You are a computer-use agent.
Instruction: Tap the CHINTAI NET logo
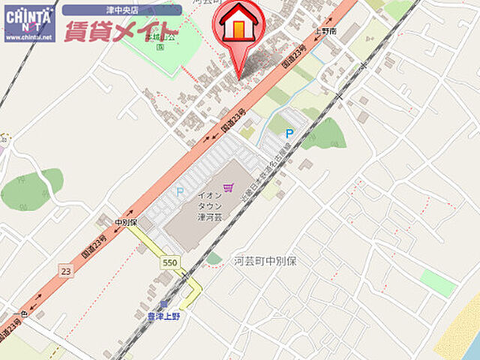point(28,19)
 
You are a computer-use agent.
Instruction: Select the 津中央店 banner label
point(121,10)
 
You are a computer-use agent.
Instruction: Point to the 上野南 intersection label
point(326,31)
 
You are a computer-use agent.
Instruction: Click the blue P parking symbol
point(289,133)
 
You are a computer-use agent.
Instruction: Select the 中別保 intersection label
point(127,223)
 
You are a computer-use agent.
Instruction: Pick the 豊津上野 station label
point(163,316)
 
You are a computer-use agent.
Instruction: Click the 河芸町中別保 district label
point(265,261)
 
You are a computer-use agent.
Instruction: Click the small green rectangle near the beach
point(438,283)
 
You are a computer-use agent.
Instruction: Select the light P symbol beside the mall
point(179,191)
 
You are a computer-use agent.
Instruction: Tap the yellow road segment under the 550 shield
point(189,289)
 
